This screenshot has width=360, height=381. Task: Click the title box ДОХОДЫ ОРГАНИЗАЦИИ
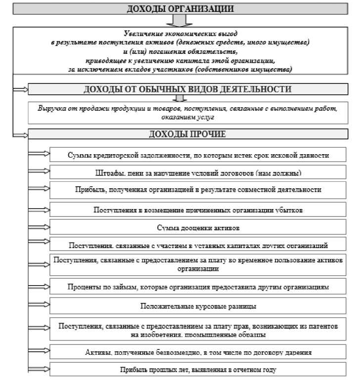(x=180, y=9)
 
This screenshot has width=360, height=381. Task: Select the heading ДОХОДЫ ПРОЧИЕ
(x=187, y=134)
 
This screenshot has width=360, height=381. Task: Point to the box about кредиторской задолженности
(x=198, y=155)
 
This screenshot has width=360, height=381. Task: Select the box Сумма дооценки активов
(x=198, y=228)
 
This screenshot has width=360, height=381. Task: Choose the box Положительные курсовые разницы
(x=198, y=306)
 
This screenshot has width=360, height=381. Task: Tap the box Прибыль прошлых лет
(x=198, y=369)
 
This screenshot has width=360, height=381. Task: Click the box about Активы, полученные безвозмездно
(x=198, y=352)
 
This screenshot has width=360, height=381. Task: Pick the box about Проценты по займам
(x=198, y=287)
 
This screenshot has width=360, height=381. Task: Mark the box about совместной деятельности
(x=198, y=189)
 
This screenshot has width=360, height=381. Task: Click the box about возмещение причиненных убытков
(x=198, y=210)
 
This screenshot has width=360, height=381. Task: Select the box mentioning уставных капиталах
(x=198, y=245)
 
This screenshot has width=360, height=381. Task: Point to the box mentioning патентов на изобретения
(x=198, y=330)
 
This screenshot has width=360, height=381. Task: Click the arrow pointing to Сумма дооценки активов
(x=40, y=228)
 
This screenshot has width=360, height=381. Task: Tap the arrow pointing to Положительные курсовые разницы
(x=40, y=306)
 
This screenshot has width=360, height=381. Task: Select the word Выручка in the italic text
(x=50, y=108)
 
